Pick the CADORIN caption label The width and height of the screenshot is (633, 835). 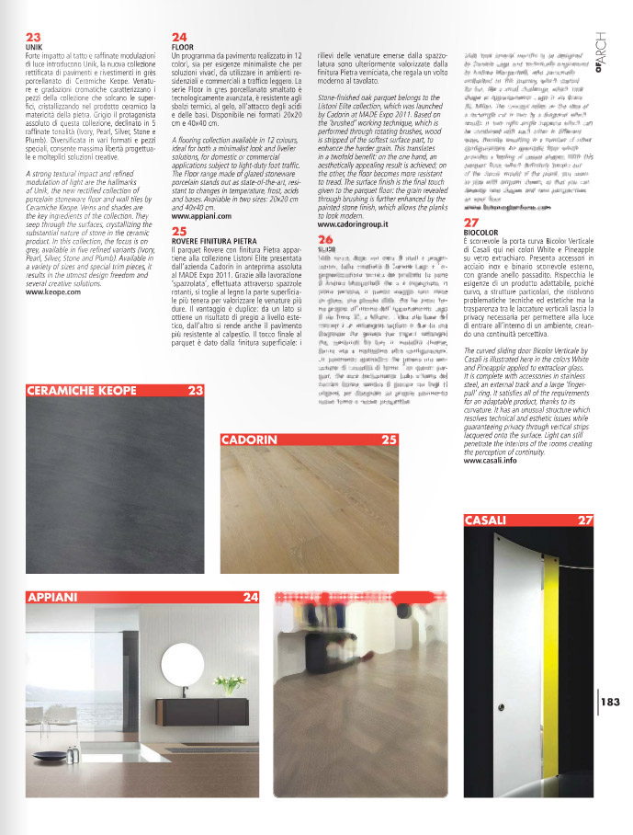251,440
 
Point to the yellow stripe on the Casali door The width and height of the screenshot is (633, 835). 551,635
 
